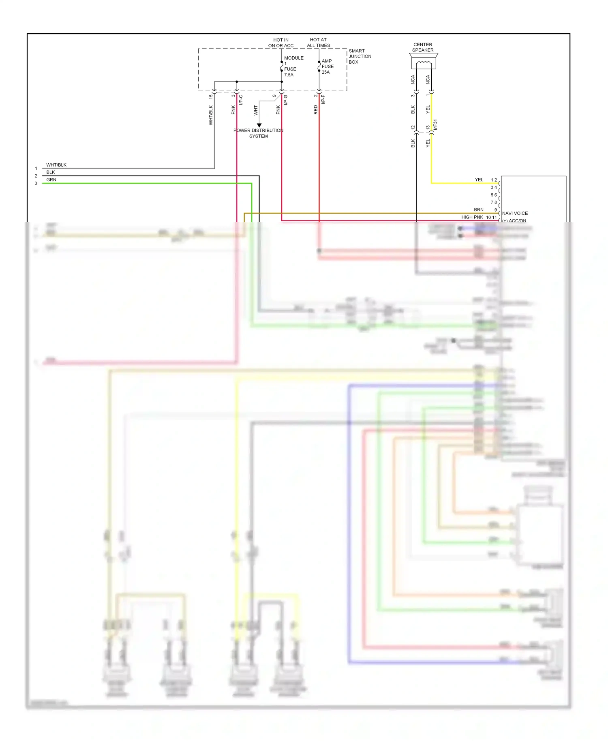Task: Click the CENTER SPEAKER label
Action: coord(423,47)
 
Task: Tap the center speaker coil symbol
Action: coord(424,63)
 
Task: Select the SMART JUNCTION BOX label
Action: coord(360,56)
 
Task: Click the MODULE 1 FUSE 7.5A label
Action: coord(293,66)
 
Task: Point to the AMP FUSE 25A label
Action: coord(328,66)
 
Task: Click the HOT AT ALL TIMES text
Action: coord(318,43)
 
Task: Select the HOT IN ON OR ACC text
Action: coord(280,43)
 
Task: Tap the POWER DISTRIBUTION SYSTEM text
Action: coord(258,133)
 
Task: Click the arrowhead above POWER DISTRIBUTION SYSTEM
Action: coord(259,125)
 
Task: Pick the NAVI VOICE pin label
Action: coord(515,213)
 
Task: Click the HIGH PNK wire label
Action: coord(472,217)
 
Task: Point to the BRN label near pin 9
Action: coord(479,210)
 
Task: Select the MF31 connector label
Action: coord(435,124)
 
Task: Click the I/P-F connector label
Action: coord(323,100)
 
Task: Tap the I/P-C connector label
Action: coord(241,100)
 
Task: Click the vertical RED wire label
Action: coord(315,110)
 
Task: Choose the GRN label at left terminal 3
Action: coord(51,180)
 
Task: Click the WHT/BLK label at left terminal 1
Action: coord(56,165)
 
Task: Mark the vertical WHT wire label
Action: coord(255,110)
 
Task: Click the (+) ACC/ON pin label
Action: coord(514,221)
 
